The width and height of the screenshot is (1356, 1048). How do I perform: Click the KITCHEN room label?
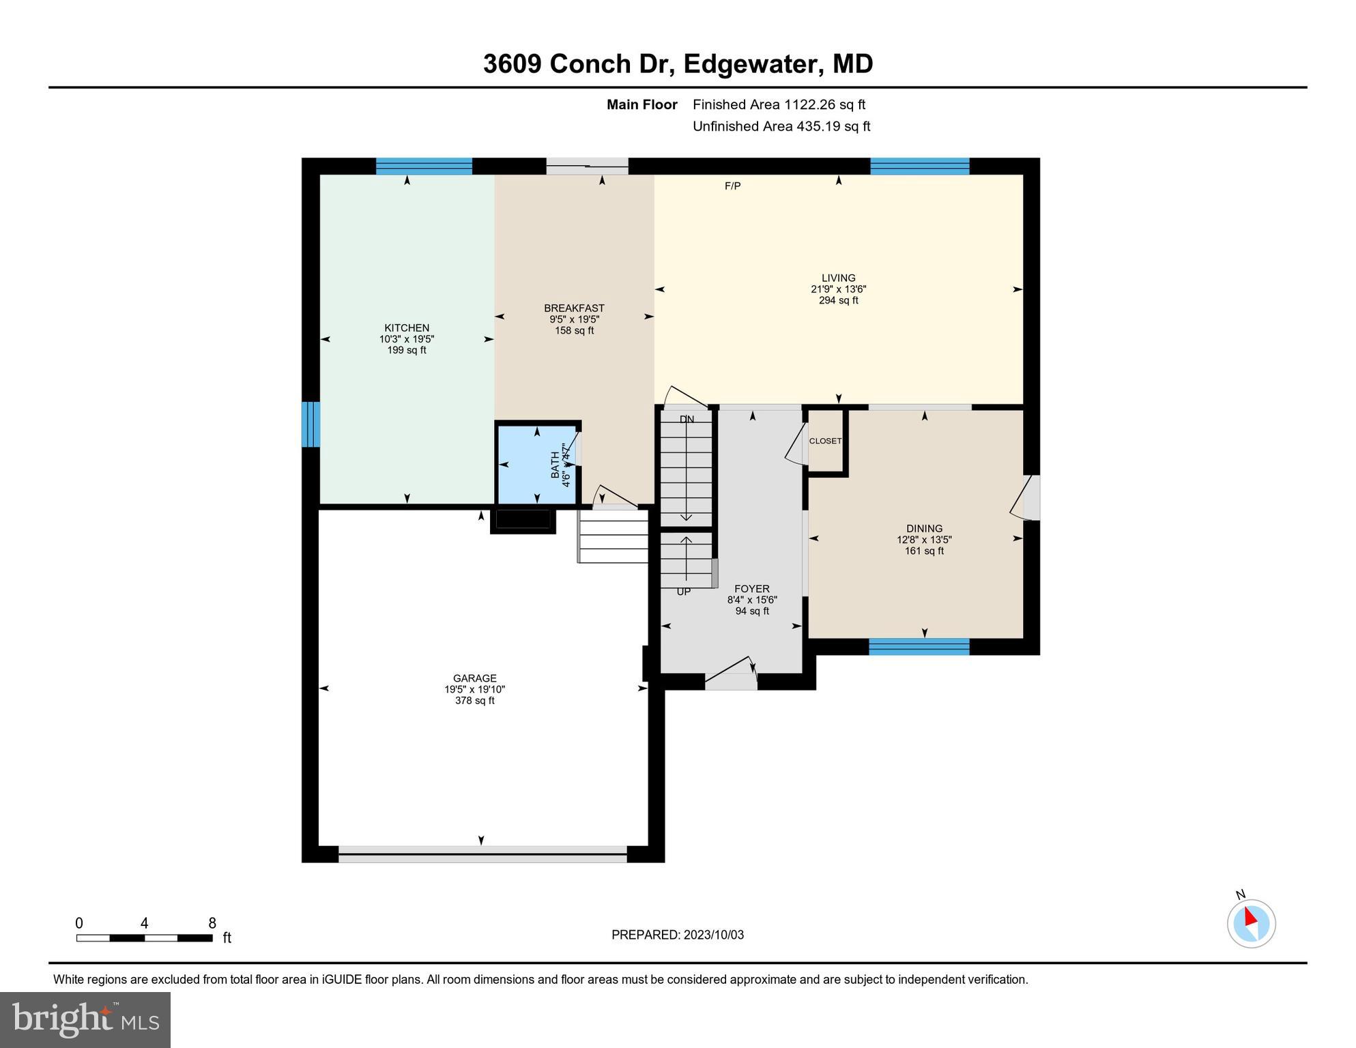pyautogui.click(x=407, y=328)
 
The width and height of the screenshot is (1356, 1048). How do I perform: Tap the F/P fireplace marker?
pyautogui.click(x=732, y=186)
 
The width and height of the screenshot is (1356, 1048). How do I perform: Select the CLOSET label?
pyautogui.click(x=825, y=441)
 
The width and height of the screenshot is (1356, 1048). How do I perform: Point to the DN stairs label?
pyautogui.click(x=687, y=420)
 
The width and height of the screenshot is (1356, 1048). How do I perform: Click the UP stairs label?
pyautogui.click(x=683, y=592)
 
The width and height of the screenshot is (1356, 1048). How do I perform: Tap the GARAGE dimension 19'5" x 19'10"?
pyautogui.click(x=474, y=690)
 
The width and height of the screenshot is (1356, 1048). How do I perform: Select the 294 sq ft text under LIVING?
pyautogui.click(x=838, y=300)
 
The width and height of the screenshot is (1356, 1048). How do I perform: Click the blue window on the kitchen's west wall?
pyautogui.click(x=311, y=424)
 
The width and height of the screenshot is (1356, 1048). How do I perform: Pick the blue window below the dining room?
pyautogui.click(x=919, y=646)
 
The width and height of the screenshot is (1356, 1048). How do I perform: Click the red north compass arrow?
pyautogui.click(x=1250, y=918)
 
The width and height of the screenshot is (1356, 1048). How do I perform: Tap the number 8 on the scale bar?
pyautogui.click(x=212, y=924)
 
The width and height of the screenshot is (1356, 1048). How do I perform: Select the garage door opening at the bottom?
pyautogui.click(x=482, y=854)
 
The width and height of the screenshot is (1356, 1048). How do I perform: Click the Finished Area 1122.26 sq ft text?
pyautogui.click(x=779, y=105)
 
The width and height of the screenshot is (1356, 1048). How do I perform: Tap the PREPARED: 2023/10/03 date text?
pyautogui.click(x=677, y=935)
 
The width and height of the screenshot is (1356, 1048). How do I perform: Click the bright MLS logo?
pyautogui.click(x=85, y=1019)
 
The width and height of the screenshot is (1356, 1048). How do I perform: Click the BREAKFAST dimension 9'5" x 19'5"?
pyautogui.click(x=574, y=319)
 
